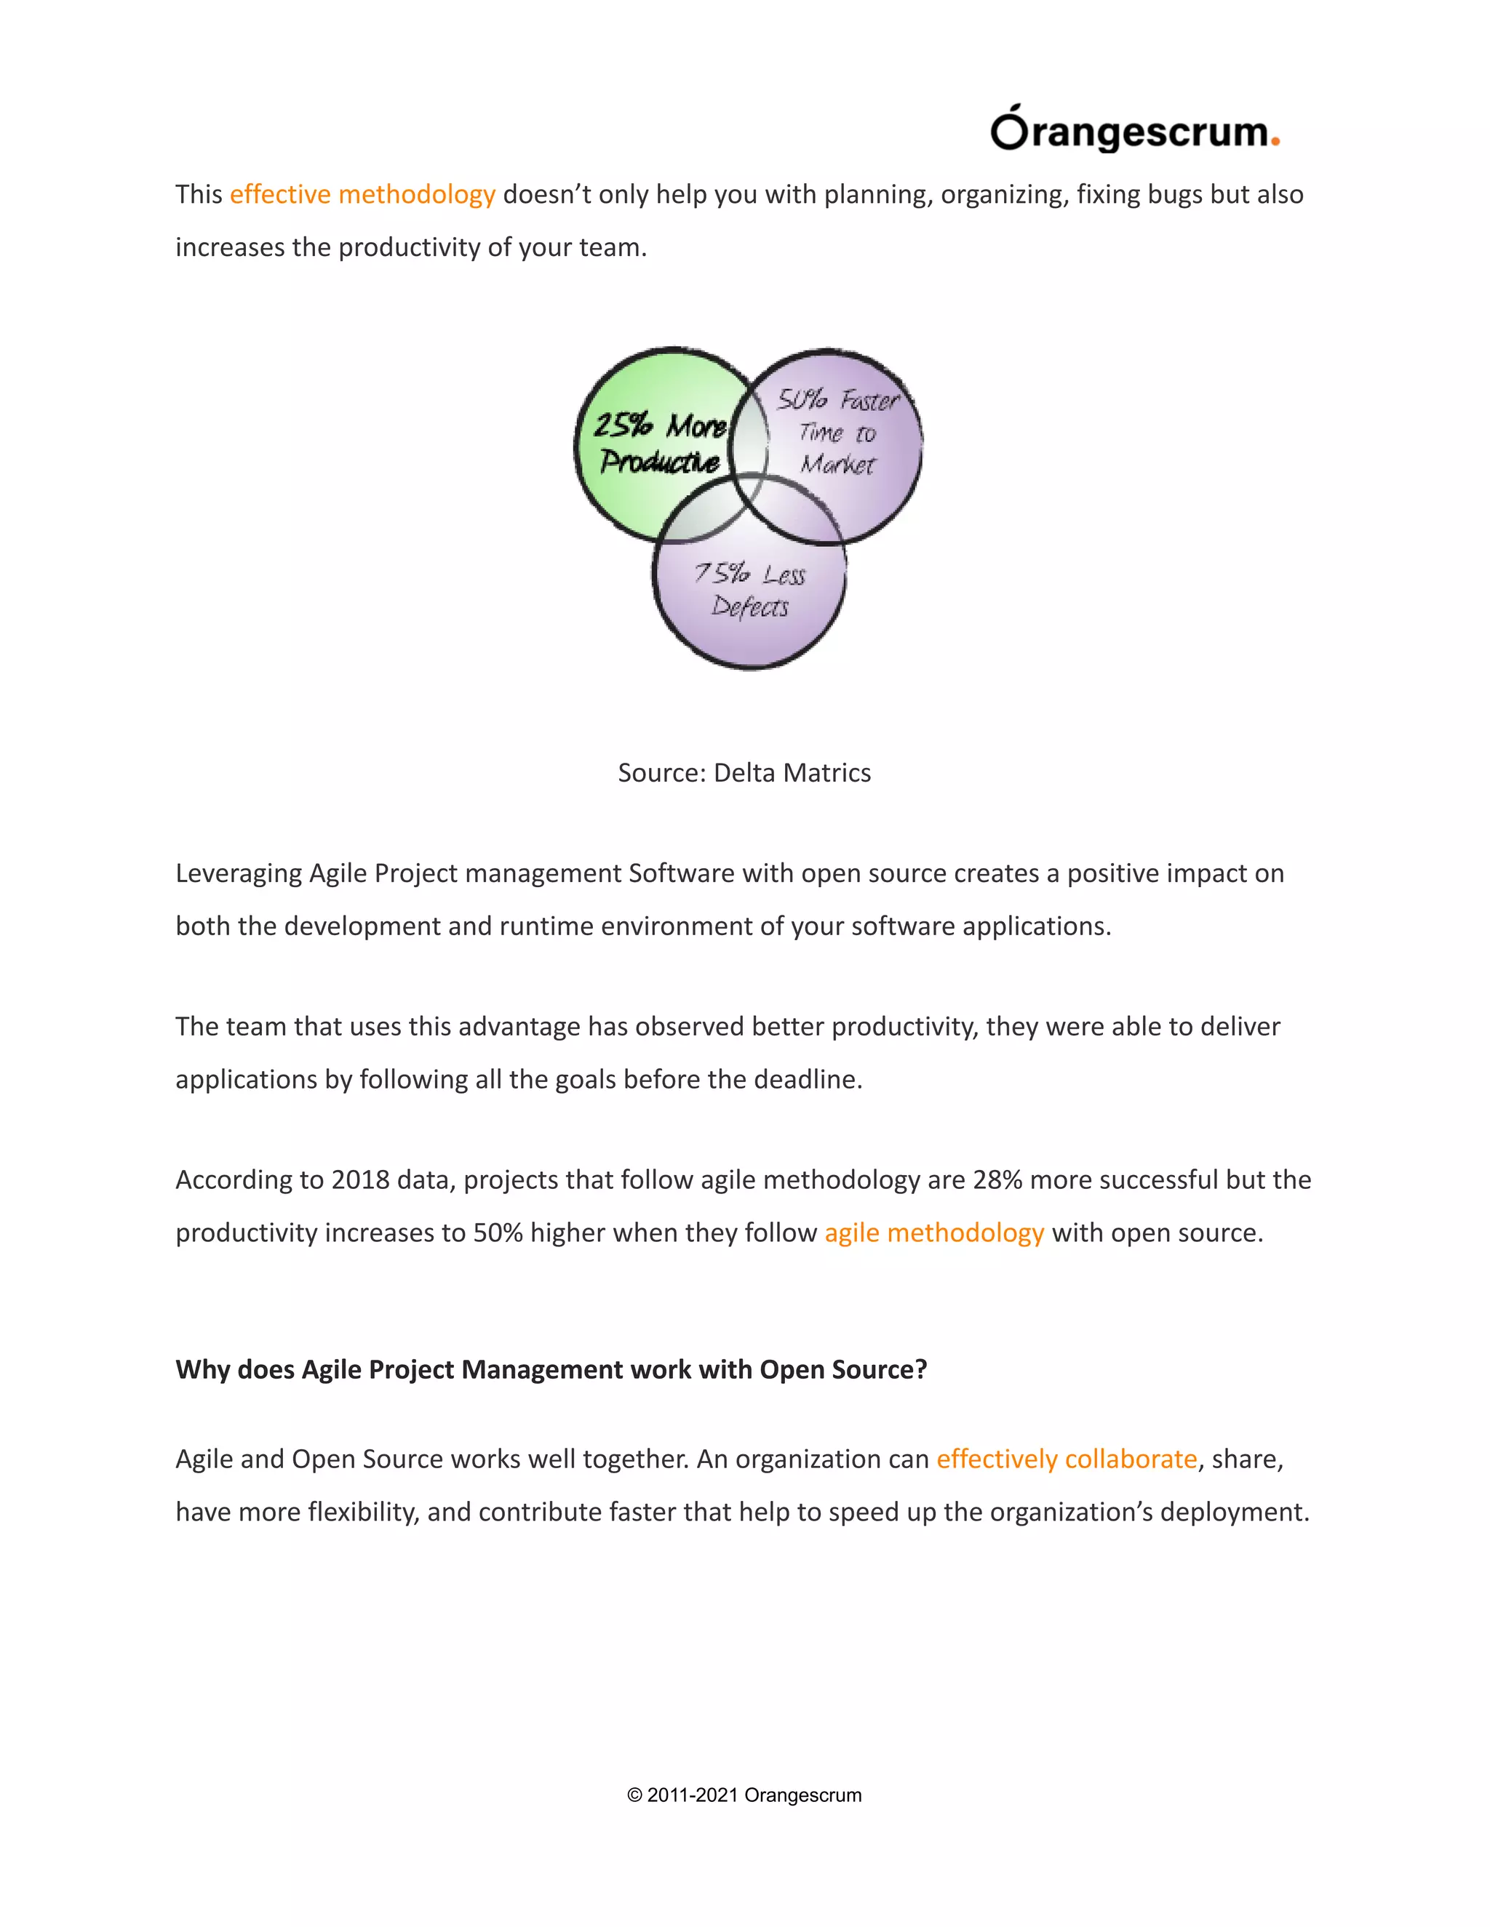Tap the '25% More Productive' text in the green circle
point(659,443)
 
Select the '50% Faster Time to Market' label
point(837,433)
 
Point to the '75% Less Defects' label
point(749,590)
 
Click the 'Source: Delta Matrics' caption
point(744,773)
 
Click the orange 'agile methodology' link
point(934,1233)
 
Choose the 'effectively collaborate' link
point(1067,1459)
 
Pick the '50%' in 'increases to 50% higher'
point(498,1233)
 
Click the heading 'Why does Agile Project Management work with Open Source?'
point(551,1369)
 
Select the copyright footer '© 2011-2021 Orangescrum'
point(744,1795)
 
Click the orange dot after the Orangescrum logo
point(1275,142)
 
